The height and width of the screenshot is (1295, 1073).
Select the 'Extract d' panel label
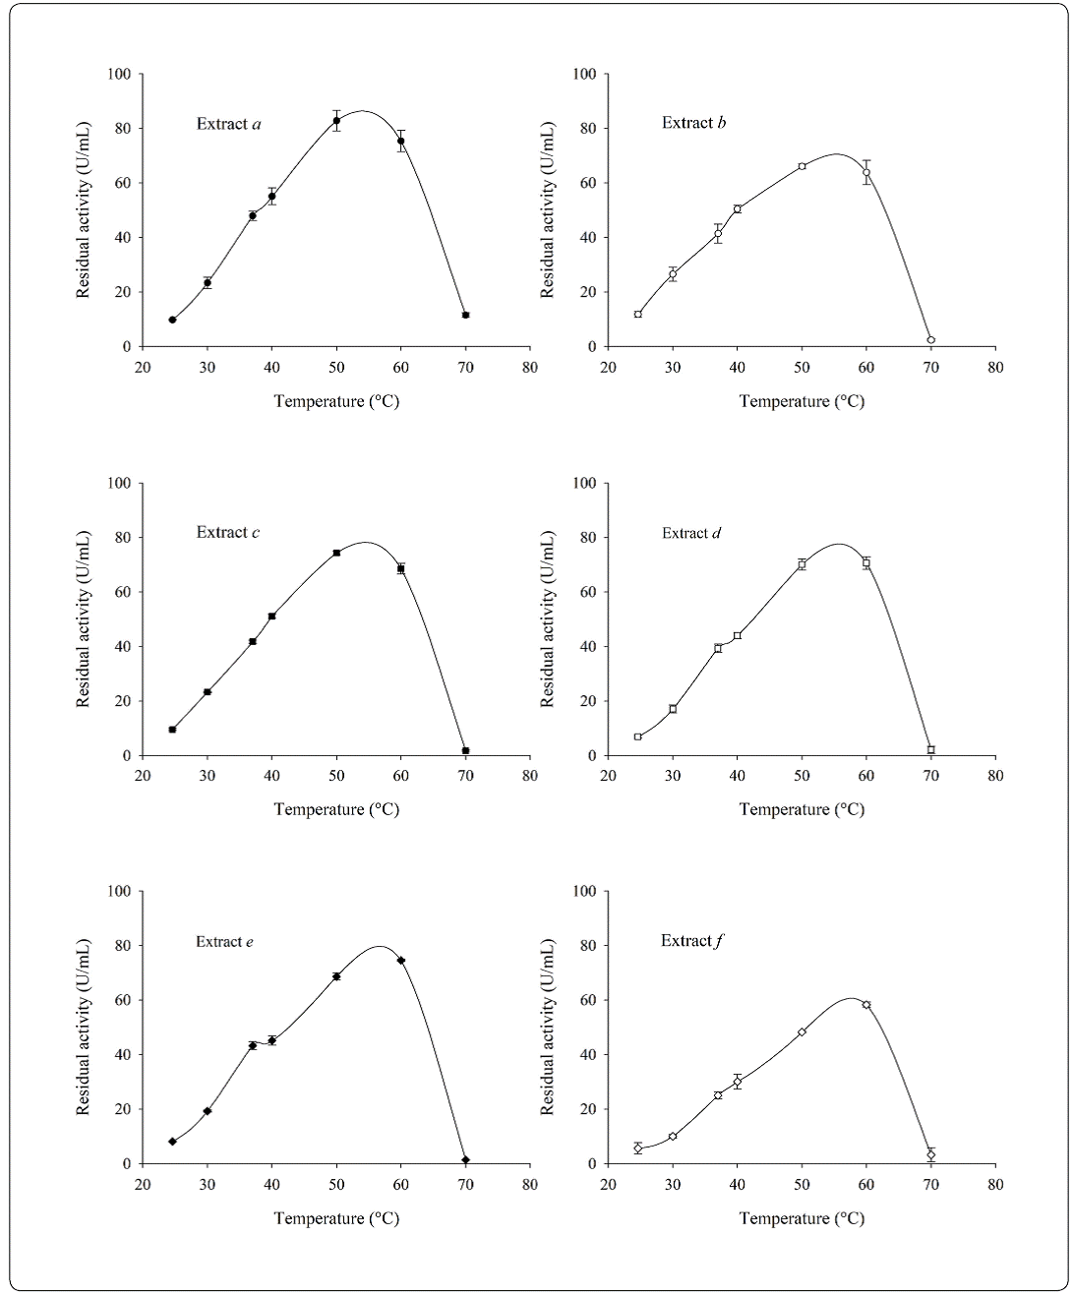click(691, 533)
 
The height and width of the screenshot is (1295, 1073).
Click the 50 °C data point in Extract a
click(336, 121)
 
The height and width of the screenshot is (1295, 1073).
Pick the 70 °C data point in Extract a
click(465, 315)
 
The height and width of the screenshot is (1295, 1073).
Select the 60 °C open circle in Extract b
click(866, 173)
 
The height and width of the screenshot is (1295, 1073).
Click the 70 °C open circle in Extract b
click(930, 340)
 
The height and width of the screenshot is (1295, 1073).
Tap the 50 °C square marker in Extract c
click(336, 553)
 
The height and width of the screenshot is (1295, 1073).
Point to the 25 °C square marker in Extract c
click(172, 730)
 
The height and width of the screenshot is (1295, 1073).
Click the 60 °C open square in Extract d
click(866, 562)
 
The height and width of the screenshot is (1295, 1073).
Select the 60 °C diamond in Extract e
click(401, 961)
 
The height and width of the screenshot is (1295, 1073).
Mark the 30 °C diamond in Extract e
click(208, 1111)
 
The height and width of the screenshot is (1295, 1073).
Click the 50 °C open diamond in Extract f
click(802, 1031)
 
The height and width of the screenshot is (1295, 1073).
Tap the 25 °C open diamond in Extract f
click(638, 1148)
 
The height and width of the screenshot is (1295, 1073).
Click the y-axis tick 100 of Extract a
click(119, 74)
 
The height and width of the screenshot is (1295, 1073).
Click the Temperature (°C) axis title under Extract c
click(336, 809)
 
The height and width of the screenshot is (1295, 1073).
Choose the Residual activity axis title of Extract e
click(85, 1027)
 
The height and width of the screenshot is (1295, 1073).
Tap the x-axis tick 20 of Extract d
click(608, 775)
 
